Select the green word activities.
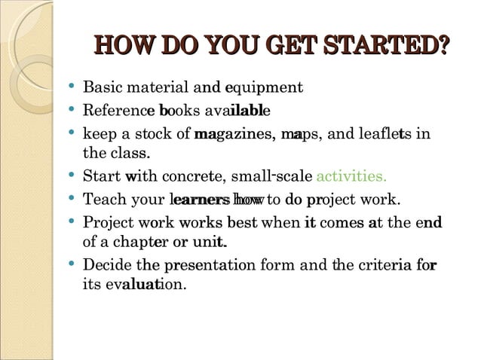pyautogui.click(x=351, y=178)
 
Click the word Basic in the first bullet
pyautogui.click(x=100, y=87)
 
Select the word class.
pyautogui.click(x=131, y=155)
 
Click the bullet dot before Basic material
pyautogui.click(x=70, y=88)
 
